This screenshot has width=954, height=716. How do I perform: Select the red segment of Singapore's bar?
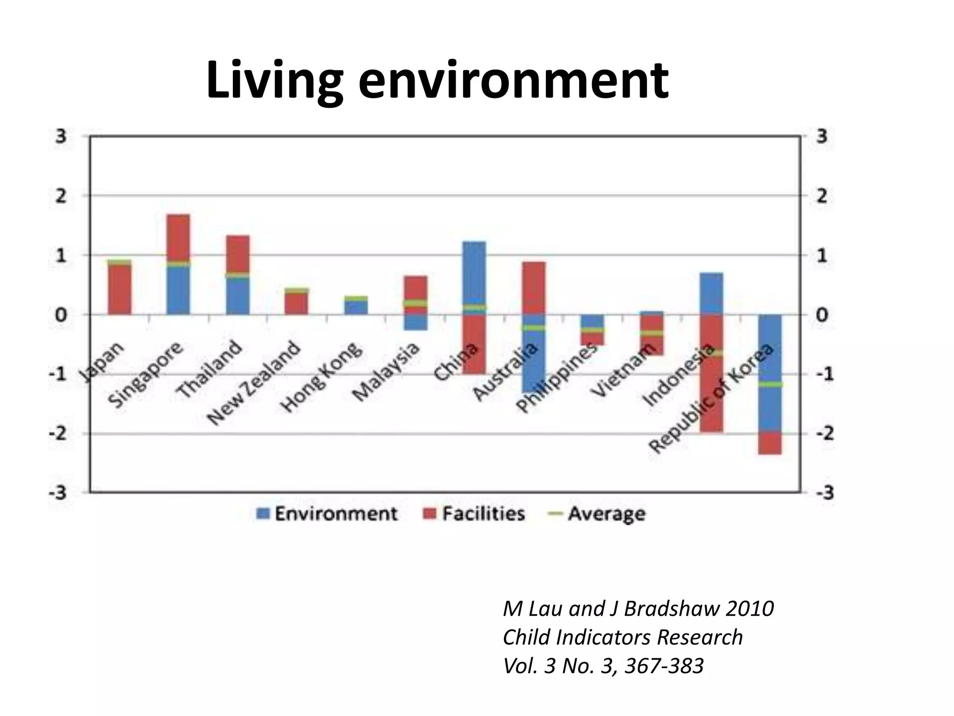(x=178, y=238)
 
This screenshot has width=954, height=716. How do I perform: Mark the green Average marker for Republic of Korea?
(x=770, y=385)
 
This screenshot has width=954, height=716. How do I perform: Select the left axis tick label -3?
(x=58, y=493)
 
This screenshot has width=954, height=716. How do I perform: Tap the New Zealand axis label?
(x=254, y=384)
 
